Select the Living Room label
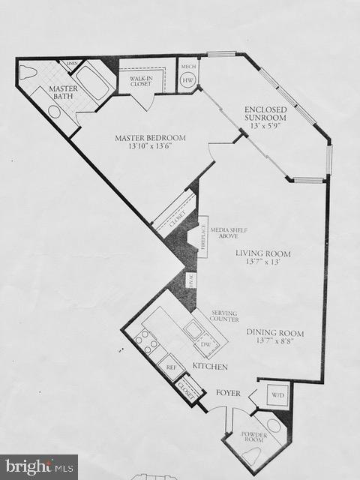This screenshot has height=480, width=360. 262,258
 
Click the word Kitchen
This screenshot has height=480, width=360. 209,366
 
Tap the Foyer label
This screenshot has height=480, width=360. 228,393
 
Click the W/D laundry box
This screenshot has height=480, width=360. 277,394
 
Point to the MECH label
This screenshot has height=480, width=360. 188,66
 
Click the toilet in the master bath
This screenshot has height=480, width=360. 28,73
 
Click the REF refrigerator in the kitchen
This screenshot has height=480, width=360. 171,367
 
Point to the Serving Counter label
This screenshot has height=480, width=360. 224,316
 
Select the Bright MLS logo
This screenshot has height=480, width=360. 38,467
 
